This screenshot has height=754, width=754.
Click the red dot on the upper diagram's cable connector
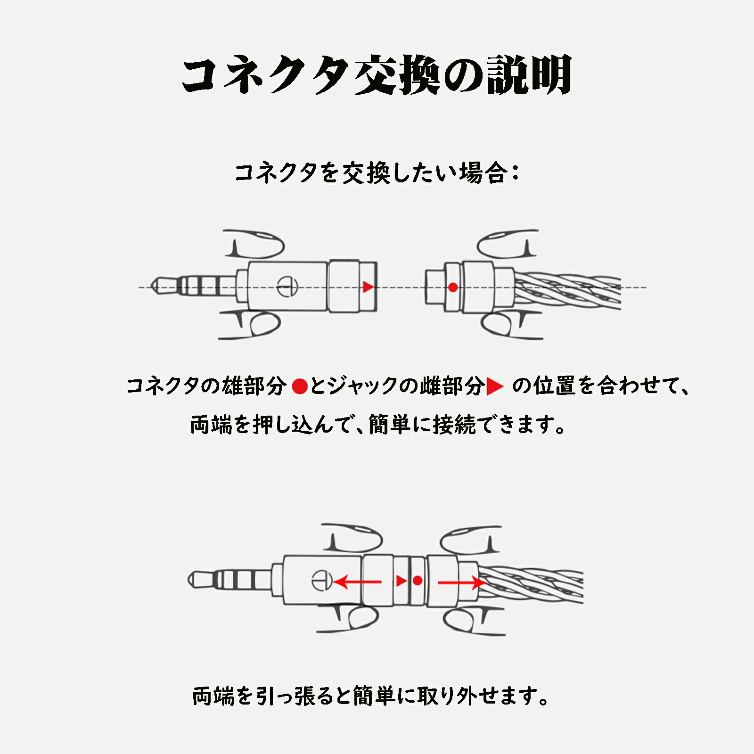tap(453, 287)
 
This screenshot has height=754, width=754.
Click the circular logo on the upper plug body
tap(287, 286)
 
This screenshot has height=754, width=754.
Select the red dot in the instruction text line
tap(300, 386)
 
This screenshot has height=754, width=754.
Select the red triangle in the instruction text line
tap(494, 386)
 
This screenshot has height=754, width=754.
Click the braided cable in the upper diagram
tap(575, 288)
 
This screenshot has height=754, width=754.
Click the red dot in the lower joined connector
tap(418, 581)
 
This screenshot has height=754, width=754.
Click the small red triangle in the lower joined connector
tap(401, 581)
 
